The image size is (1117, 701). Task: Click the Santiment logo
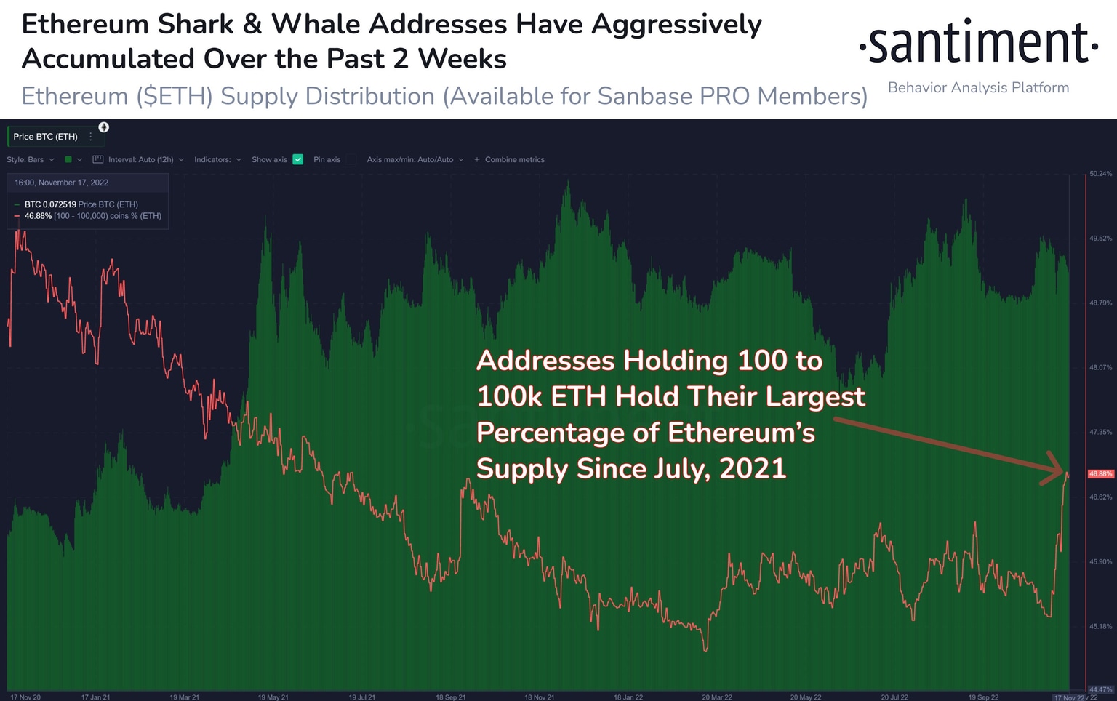click(978, 44)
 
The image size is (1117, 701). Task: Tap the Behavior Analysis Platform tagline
click(978, 88)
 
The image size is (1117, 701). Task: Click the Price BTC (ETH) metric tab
click(45, 137)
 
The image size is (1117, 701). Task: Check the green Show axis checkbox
click(297, 159)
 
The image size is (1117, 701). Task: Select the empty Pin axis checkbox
click(351, 159)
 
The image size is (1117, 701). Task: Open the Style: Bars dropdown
click(31, 160)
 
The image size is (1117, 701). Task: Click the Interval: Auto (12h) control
click(140, 160)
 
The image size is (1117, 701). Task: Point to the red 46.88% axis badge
click(1100, 474)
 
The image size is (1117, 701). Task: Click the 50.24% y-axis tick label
click(1100, 174)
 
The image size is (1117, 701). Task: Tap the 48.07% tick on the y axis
click(1100, 368)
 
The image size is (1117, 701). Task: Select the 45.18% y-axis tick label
click(1100, 626)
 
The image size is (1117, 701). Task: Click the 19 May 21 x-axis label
click(273, 697)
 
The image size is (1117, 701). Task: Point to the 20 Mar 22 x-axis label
click(716, 697)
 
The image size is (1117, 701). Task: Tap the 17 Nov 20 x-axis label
click(25, 697)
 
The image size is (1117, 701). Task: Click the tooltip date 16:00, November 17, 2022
click(61, 183)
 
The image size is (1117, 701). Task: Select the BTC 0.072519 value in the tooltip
click(50, 204)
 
